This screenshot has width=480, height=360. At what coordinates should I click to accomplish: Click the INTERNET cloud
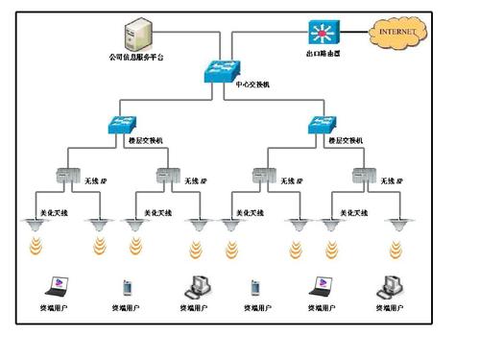click(x=398, y=33)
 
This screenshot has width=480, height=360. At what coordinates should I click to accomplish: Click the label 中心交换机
click(x=252, y=84)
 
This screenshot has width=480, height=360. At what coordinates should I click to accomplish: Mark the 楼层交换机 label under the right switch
click(x=345, y=141)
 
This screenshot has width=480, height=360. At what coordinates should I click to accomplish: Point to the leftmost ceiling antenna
click(x=36, y=226)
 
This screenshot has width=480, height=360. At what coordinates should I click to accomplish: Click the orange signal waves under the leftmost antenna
click(x=36, y=249)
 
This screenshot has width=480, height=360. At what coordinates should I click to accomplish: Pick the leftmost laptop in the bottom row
click(x=54, y=285)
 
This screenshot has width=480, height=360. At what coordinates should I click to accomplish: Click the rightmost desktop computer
click(x=388, y=285)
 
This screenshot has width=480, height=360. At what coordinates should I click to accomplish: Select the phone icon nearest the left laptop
click(x=126, y=286)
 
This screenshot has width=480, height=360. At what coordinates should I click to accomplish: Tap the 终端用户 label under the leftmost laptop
click(x=54, y=308)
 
